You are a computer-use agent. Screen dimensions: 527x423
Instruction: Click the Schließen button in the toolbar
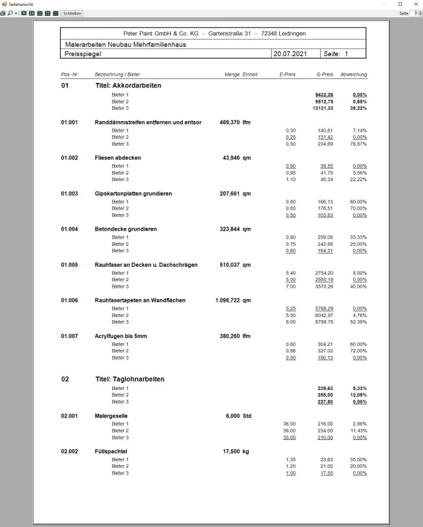click(73, 13)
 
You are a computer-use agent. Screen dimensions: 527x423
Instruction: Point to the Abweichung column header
click(354, 74)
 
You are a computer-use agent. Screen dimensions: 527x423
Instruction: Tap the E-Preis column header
click(287, 74)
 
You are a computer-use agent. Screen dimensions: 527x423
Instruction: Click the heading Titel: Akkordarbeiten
click(128, 86)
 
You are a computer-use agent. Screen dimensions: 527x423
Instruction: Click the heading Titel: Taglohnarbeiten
click(130, 379)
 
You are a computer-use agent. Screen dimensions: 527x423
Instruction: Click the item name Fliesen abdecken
click(118, 158)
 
